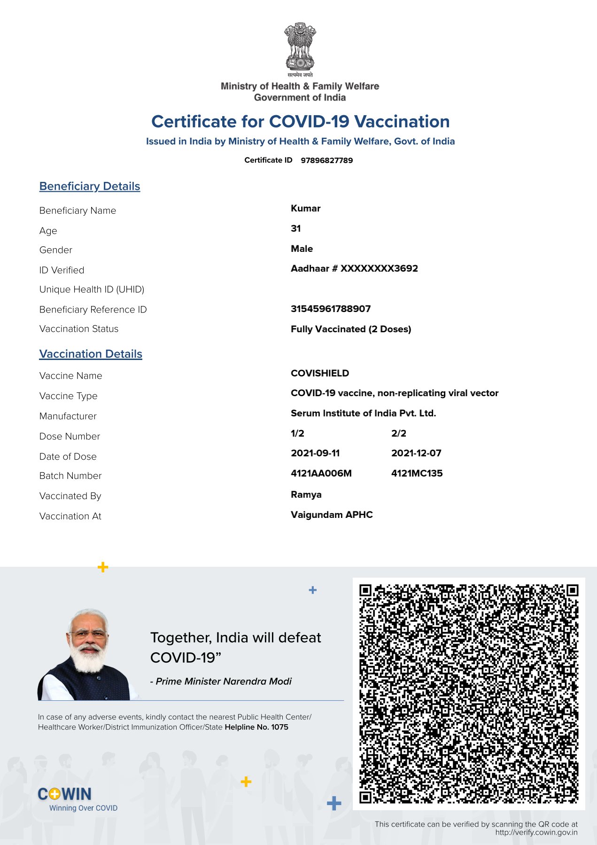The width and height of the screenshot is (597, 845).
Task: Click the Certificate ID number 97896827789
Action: pyautogui.click(x=326, y=160)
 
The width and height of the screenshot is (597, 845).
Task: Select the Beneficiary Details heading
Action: pyautogui.click(x=90, y=186)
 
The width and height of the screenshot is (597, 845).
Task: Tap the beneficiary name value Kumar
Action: pyautogui.click(x=305, y=208)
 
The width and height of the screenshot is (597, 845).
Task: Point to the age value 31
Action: pyautogui.click(x=295, y=228)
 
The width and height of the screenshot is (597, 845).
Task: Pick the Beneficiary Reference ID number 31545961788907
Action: pyautogui.click(x=331, y=309)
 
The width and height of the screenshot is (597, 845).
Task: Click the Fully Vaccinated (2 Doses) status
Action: pyautogui.click(x=351, y=329)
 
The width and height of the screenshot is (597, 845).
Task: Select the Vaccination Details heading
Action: pyautogui.click(x=91, y=354)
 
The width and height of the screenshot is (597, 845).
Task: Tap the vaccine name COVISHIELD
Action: pyautogui.click(x=320, y=373)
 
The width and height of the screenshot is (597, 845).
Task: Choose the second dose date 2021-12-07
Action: pyautogui.click(x=416, y=453)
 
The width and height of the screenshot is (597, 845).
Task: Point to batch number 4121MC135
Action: pyautogui.click(x=417, y=473)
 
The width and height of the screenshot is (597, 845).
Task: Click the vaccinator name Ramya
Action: pyautogui.click(x=306, y=494)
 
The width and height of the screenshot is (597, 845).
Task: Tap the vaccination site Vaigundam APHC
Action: pyautogui.click(x=332, y=515)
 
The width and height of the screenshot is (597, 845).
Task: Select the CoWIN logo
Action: pyautogui.click(x=65, y=794)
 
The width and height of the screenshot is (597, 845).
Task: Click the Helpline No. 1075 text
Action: pyautogui.click(x=256, y=727)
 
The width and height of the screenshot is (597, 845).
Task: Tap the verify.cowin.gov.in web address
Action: pyautogui.click(x=536, y=832)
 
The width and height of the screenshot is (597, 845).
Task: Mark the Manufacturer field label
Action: pyautogui.click(x=68, y=416)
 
